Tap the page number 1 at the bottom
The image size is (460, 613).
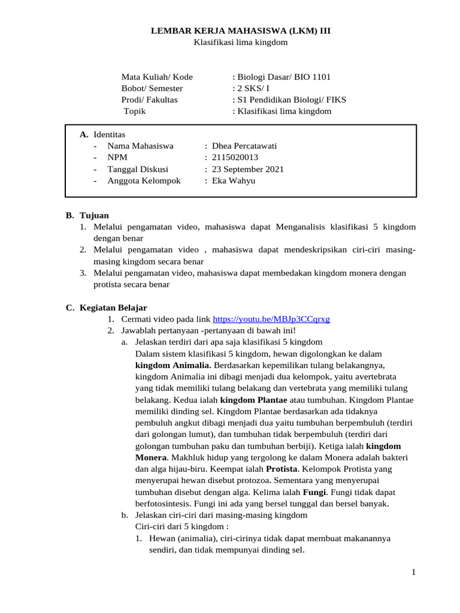point(413,573)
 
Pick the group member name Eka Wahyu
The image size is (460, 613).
point(229,180)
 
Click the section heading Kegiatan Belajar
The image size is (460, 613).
point(113,308)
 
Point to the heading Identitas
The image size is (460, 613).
point(108,134)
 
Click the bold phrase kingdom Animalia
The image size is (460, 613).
point(172,365)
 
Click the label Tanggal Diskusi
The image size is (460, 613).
point(138,169)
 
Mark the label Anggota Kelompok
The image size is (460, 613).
point(144,180)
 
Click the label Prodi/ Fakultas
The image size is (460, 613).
point(149,100)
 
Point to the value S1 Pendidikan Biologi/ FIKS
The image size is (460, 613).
point(290,100)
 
